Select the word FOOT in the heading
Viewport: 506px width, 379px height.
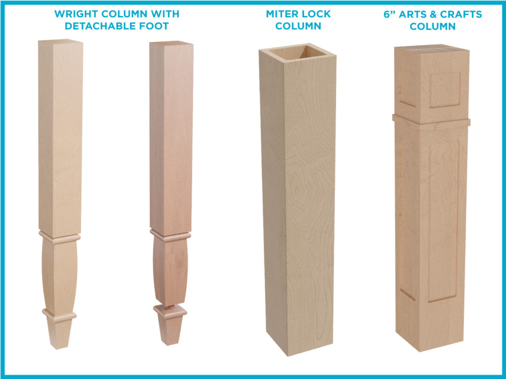153,26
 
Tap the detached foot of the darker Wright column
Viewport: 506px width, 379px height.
170,324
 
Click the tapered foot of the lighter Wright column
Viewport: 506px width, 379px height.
59,332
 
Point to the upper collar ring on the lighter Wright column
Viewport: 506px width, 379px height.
60,237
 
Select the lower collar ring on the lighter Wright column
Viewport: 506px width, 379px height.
59,315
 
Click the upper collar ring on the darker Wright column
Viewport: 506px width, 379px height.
170,235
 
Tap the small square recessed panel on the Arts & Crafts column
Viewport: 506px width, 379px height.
445,89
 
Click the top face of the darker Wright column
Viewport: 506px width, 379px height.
171,43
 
